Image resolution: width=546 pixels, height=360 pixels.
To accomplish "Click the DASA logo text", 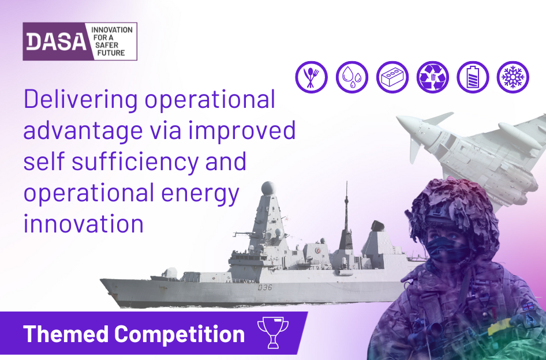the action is coord(57,42).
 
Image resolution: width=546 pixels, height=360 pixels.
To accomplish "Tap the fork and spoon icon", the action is coord(311,77).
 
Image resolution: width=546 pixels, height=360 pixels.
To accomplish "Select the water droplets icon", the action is coord(351,77).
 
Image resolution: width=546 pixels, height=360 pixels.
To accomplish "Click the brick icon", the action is coord(392,77).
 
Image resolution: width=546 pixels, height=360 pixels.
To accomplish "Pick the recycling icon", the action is coord(433,77).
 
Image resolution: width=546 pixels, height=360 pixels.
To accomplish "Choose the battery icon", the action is coord(473,77).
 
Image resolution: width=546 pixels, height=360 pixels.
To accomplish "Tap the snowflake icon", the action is coord(513,77).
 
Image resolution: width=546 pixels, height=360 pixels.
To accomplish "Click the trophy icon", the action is coord(273,332).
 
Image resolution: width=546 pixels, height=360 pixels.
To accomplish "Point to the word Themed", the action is coord(66,333).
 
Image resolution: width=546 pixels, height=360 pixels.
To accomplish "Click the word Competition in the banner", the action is coord(179,334).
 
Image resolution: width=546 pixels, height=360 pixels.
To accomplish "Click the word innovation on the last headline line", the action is coord(84,223).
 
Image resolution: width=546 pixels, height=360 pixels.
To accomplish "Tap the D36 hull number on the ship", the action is coord(265,287).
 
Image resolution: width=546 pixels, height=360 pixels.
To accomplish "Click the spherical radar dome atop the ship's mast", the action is coord(268,188).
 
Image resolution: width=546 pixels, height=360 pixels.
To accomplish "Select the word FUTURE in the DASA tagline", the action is coord(111,53).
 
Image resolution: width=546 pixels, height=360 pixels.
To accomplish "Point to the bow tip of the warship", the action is coord(101,280).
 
